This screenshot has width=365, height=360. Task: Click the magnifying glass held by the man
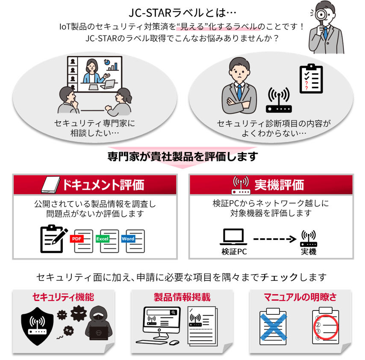[321, 13]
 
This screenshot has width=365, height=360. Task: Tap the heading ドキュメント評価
[103, 185]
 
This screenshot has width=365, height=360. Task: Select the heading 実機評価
[279, 185]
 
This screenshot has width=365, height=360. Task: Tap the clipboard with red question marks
[310, 79]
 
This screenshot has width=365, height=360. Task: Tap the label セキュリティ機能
[63, 297]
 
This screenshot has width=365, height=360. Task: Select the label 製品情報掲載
[182, 297]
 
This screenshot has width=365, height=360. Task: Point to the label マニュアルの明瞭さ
[300, 297]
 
